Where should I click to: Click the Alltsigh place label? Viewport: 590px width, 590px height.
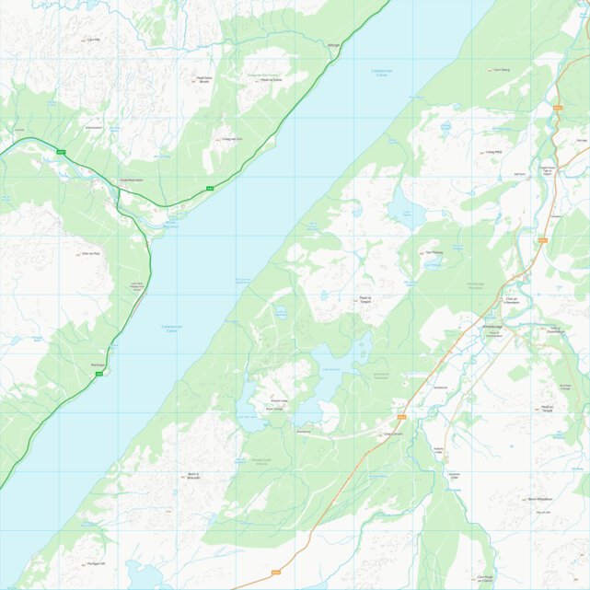(x=333, y=44)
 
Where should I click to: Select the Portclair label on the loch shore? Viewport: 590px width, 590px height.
(x=98, y=365)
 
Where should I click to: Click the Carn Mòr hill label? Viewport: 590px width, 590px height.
(x=93, y=40)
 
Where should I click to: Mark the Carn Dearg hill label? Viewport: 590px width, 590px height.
(x=501, y=69)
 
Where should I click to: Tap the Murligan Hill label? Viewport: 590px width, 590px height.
(x=97, y=563)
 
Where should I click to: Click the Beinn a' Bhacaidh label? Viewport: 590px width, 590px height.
(x=193, y=477)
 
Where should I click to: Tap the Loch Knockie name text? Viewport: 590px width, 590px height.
(x=332, y=369)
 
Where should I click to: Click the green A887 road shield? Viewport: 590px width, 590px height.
(x=62, y=151)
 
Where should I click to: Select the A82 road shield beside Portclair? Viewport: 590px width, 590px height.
(x=112, y=374)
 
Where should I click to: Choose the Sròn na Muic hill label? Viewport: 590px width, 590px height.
(x=90, y=253)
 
